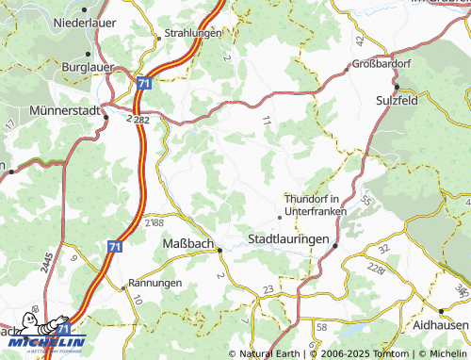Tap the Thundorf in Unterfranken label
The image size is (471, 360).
[x=316, y=205]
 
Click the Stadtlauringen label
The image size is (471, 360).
[x=288, y=239]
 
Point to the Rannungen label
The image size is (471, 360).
[x=155, y=282]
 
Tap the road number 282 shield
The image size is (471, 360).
[x=140, y=120]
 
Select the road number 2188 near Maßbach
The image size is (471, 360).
[x=154, y=223]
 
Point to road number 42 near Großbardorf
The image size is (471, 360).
[x=361, y=41]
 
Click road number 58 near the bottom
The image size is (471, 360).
[x=322, y=325]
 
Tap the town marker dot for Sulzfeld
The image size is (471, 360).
[x=398, y=88]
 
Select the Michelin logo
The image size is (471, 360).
[x=44, y=339]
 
